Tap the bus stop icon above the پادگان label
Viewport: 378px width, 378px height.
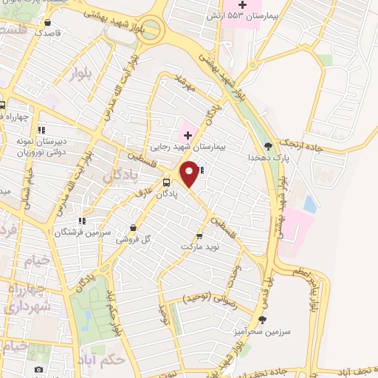pos(166,182)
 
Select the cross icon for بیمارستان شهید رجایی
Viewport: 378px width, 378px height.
pos(187,135)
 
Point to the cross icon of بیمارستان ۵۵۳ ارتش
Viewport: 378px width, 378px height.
pos(241,5)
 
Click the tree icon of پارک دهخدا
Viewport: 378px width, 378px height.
pos(268,146)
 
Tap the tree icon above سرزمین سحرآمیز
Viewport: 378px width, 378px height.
pos(261,319)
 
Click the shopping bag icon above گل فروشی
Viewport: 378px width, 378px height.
pos(132,227)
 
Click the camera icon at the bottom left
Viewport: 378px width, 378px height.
pos(38,369)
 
